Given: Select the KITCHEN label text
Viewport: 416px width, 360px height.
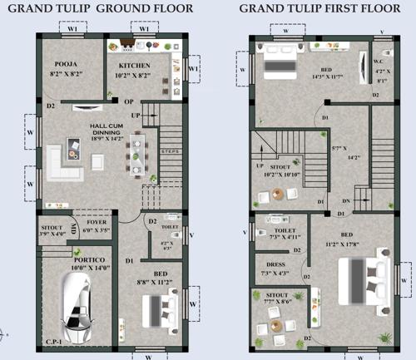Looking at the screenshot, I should click(133, 64).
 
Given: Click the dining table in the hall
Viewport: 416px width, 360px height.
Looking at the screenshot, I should click(136, 153).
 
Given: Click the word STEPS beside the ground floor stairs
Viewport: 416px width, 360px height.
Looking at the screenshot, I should click(170, 152).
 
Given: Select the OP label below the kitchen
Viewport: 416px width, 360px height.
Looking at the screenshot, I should click(128, 101).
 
